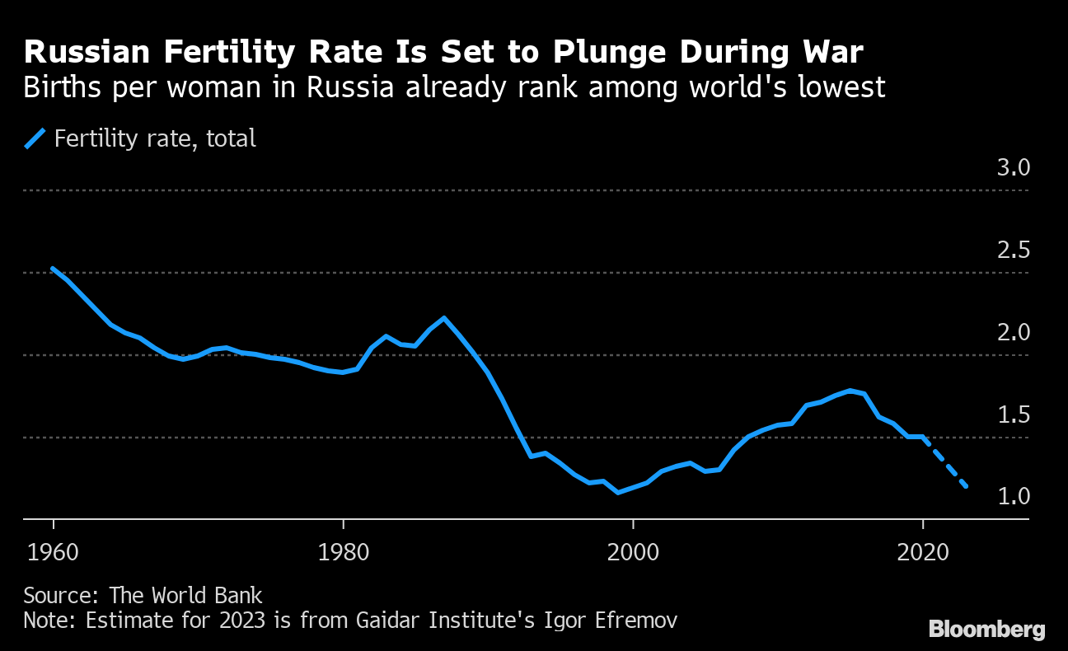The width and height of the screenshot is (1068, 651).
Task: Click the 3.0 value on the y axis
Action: point(1013,168)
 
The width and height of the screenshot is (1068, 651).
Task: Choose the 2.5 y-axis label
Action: point(1013,251)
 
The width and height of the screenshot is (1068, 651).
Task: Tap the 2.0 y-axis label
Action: point(1013,333)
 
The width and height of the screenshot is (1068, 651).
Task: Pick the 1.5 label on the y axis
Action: point(1013,414)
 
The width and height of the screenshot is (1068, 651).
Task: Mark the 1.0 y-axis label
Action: point(1013,497)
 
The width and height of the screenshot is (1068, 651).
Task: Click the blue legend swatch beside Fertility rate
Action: point(35,138)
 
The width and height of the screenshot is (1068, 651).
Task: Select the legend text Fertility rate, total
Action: point(155,138)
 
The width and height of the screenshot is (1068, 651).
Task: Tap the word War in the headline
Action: point(831,53)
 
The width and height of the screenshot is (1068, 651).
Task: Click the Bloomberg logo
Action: point(986,630)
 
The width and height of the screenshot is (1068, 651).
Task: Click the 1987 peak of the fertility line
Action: point(444,318)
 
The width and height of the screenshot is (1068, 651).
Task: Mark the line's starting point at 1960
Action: point(54,269)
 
